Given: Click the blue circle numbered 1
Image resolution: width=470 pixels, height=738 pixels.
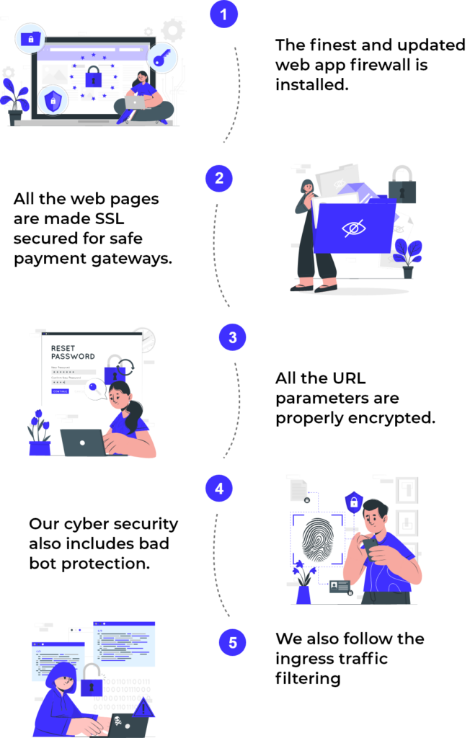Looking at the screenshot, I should [x=224, y=14].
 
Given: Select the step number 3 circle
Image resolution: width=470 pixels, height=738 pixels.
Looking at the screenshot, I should [x=232, y=337].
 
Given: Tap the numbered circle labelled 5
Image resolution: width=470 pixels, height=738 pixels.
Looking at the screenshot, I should [x=232, y=642].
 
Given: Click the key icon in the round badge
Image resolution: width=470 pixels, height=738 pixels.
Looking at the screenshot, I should [x=161, y=57].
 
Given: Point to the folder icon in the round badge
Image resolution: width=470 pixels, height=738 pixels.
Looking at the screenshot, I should [x=30, y=37].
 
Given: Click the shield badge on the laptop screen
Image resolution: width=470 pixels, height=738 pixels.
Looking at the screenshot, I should [x=52, y=101].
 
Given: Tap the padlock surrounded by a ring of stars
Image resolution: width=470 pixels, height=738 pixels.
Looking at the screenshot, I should [x=93, y=76].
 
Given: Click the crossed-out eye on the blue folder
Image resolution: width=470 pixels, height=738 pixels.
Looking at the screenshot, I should [x=353, y=228].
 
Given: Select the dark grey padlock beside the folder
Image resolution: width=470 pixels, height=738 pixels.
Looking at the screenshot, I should [x=402, y=186].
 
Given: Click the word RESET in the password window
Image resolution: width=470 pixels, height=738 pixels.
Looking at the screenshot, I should [x=63, y=348].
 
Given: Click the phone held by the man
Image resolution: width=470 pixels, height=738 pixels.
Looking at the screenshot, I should [x=369, y=546].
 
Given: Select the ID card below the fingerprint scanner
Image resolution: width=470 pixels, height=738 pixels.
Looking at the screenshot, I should [x=339, y=586].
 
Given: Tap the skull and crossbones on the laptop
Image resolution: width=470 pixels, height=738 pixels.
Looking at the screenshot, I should [x=118, y=720].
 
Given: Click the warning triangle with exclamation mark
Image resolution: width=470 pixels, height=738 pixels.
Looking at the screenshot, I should [x=143, y=708].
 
